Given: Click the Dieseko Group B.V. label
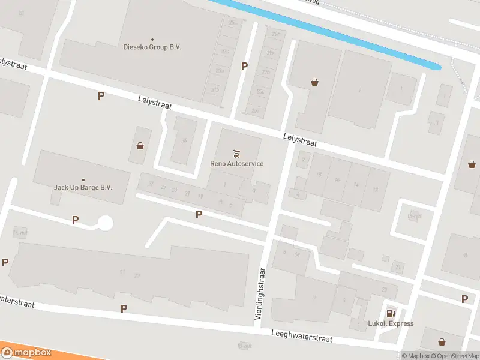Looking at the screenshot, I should pos(152,47).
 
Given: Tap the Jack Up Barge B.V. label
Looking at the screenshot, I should pos(83,187).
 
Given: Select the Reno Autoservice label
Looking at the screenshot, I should pos(236,163).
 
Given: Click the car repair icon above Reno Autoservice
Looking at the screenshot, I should pos(236,152).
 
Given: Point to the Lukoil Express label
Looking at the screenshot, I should pos(391,323).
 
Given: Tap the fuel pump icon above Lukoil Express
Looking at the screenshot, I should pos(391,313).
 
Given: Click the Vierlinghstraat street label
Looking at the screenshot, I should pos(262,293).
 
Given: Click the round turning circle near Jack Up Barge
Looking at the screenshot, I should pos(105,223).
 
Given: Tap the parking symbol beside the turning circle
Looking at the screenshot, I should pos(75,220).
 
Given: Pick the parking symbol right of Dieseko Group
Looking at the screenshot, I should pos(244,67).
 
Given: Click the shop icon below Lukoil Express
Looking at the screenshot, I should pos(442,342).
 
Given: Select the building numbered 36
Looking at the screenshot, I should pos(184,141).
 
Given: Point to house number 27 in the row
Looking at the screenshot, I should pos(151,184).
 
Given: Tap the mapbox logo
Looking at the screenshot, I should pos(26,352).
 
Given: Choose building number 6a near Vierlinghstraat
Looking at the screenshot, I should pos(296,254).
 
